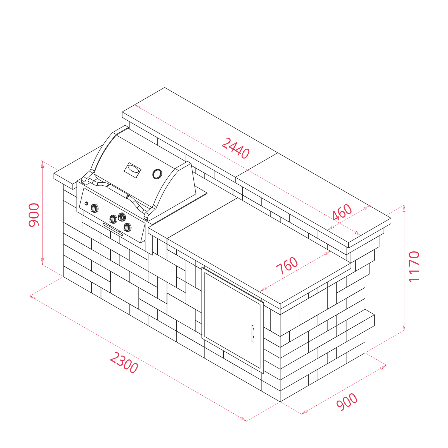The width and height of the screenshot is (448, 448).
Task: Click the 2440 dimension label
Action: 235,148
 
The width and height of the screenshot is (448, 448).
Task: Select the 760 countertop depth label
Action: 287,265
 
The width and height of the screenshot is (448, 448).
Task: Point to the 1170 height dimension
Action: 414,267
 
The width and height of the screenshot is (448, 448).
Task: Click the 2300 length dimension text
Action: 124,363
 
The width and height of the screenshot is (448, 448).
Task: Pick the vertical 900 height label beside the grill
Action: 34,215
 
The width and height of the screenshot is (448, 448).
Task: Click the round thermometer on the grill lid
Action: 157,174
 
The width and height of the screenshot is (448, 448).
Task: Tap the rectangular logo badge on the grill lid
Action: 133,170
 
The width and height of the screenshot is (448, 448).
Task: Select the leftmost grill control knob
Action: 94,208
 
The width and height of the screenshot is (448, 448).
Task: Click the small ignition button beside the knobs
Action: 87,204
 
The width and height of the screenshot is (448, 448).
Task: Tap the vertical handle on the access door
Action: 253,333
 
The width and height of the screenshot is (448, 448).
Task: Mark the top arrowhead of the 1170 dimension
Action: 404,208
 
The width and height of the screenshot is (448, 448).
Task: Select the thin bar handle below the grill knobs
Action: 113,229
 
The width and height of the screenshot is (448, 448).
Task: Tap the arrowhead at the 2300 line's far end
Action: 244,419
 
